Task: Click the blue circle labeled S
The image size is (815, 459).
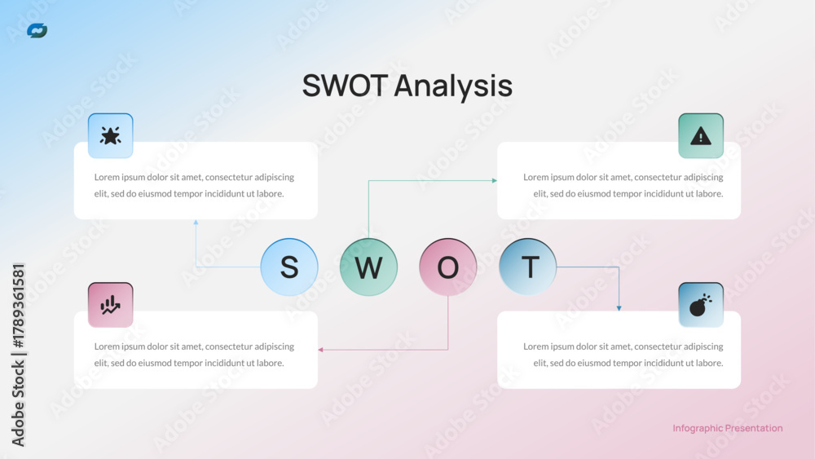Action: click(289, 267)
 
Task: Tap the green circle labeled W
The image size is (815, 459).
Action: click(368, 267)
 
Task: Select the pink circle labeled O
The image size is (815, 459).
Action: click(448, 267)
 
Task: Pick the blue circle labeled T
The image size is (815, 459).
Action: click(527, 267)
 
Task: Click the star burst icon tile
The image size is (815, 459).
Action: click(111, 135)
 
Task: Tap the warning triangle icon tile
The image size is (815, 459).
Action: click(701, 135)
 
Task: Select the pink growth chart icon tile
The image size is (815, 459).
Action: click(111, 305)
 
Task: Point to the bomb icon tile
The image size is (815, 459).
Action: click(701, 305)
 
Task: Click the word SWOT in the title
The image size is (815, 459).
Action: click(345, 86)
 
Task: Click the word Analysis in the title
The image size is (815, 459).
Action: click(453, 86)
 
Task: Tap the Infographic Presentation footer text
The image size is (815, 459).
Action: click(728, 428)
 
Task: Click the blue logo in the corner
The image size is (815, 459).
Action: click(37, 31)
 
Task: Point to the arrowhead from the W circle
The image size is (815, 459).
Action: click(495, 181)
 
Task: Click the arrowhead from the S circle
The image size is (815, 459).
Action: click(196, 223)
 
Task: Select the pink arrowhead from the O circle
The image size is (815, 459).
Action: click(320, 350)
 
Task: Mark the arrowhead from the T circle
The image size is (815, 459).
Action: click(619, 308)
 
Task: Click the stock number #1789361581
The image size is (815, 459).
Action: click(18, 306)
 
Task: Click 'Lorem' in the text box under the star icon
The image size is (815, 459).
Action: click(107, 177)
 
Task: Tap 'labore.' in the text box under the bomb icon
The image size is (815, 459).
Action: click(708, 363)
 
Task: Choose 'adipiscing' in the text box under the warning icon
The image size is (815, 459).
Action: click(703, 178)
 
